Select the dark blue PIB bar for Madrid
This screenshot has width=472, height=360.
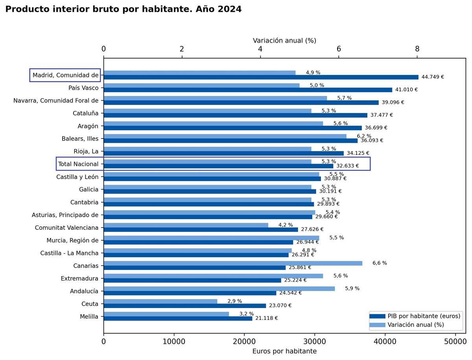pyautogui.click(x=261, y=77)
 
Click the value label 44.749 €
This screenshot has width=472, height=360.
pyautogui.click(x=432, y=77)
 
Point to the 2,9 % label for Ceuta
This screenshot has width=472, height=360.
pyautogui.click(x=234, y=301)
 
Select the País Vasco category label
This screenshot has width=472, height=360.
pyautogui.click(x=83, y=88)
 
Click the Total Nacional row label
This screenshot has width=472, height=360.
pyautogui.click(x=78, y=164)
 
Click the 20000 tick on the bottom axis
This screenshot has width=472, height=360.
pyautogui.click(x=244, y=342)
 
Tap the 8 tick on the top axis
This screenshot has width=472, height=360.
pyautogui.click(x=417, y=49)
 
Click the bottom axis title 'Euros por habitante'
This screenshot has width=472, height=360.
pyautogui.click(x=284, y=351)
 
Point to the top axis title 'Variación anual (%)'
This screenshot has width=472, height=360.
pyautogui.click(x=284, y=41)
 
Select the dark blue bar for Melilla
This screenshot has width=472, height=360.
pyautogui.click(x=178, y=318)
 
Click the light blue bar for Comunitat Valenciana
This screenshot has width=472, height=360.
pyautogui.click(x=186, y=225)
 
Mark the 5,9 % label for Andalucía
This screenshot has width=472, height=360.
pyautogui.click(x=352, y=288)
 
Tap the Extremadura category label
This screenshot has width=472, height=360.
pyautogui.click(x=79, y=279)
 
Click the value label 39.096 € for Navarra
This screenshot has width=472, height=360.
pyautogui.click(x=393, y=102)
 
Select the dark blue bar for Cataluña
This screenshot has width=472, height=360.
pyautogui.click(x=235, y=115)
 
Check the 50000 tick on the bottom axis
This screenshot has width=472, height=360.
pyautogui.click(x=455, y=342)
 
